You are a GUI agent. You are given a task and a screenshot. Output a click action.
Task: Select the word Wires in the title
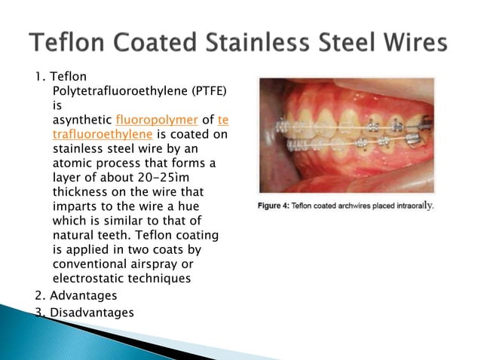tap(422, 43)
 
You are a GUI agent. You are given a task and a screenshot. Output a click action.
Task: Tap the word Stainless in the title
tap(262, 43)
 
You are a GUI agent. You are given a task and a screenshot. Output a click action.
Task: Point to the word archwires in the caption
tap(350, 205)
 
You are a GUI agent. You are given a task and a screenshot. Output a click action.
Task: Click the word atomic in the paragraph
tap(71, 163)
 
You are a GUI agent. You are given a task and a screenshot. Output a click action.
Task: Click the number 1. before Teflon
tap(40, 77)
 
